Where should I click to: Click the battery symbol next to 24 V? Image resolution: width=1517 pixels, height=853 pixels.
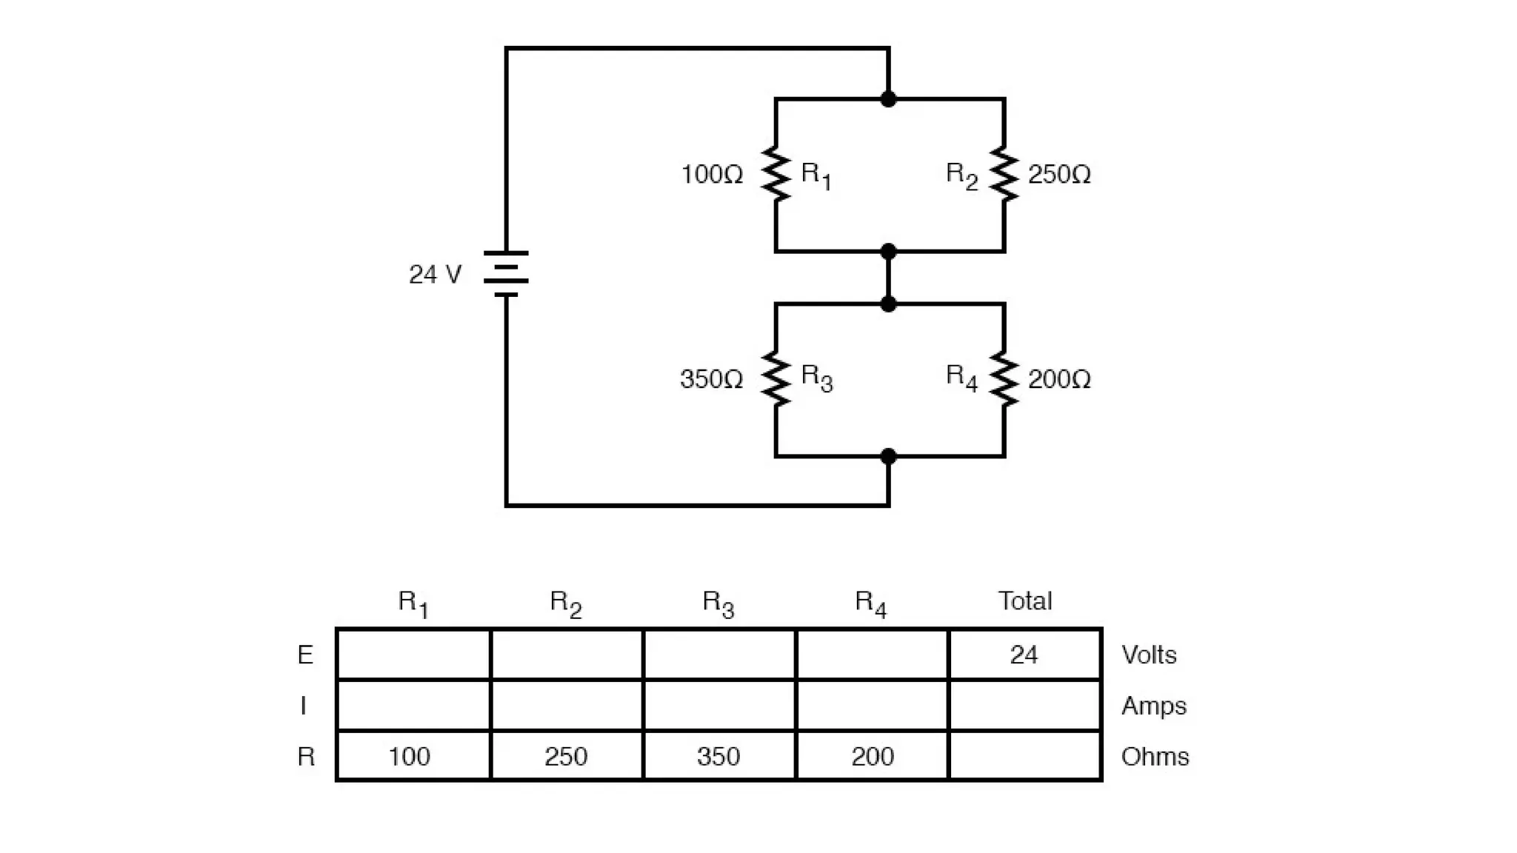click(506, 274)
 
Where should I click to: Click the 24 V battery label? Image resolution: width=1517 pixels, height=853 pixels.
click(436, 275)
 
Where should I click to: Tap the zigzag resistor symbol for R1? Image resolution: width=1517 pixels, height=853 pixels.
click(776, 174)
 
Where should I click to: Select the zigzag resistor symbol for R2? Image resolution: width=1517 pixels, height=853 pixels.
click(1004, 174)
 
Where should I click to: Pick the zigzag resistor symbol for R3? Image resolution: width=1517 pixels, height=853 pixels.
click(776, 379)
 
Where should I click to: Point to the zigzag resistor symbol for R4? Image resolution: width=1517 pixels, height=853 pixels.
click(1004, 379)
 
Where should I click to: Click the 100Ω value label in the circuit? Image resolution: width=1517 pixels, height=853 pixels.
click(711, 175)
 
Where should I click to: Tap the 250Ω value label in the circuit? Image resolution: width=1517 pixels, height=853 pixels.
click(1059, 175)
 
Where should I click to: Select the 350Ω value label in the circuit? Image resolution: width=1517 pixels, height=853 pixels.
click(711, 379)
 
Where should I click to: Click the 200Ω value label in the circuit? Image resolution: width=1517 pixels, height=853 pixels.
click(1059, 379)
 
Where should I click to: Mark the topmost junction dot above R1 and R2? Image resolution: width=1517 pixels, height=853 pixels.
click(888, 99)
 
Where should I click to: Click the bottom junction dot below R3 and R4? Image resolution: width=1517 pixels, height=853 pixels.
click(888, 457)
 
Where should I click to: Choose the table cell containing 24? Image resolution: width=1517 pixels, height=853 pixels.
click(1024, 655)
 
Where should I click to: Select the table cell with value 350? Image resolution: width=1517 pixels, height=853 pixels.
click(719, 756)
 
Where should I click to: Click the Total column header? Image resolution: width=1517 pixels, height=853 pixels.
click(1024, 601)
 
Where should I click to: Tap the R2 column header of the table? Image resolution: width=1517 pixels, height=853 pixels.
click(566, 603)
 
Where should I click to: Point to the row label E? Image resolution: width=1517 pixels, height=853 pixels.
click(305, 655)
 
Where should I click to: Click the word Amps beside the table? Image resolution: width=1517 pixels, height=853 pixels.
click(1153, 706)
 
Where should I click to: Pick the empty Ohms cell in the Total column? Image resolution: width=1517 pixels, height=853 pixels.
click(1024, 756)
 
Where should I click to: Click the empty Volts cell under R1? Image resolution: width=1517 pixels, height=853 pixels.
click(413, 655)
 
